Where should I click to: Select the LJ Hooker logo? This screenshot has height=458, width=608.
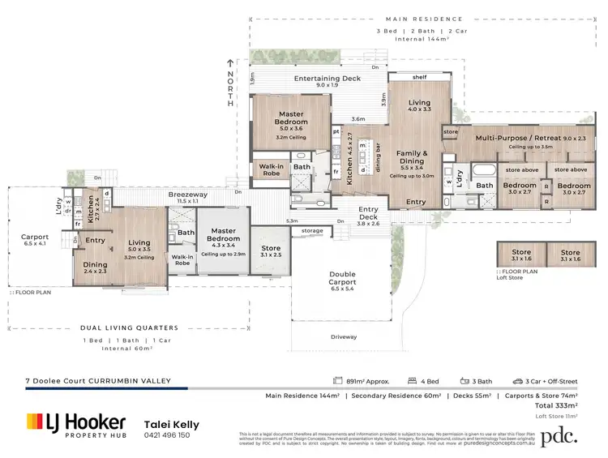click(76, 423)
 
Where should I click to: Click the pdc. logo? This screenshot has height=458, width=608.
click(559, 434)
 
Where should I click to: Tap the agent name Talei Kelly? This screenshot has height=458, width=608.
click(172, 423)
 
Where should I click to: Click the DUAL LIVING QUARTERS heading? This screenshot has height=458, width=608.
click(129, 328)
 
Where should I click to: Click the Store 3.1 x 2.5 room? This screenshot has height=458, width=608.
click(265, 251)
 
